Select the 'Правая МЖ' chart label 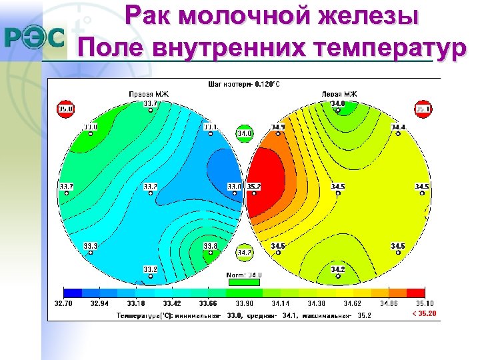click(149, 94)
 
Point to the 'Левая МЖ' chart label click(339, 94)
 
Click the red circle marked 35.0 click(65, 109)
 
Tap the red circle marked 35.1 click(423, 109)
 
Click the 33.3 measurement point click(90, 247)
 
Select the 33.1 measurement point click(210, 127)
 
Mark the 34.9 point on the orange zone click(277, 127)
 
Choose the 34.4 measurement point click(399, 127)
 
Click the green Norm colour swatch click(244, 283)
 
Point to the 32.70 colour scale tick click(63, 303)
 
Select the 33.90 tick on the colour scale click(244, 303)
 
